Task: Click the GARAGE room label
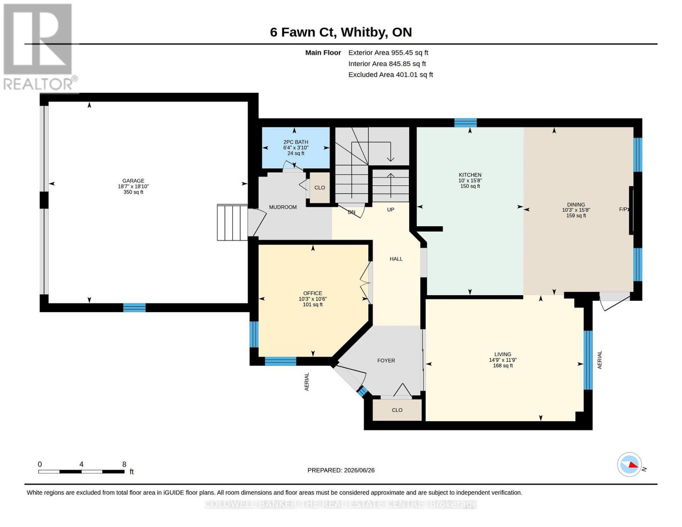(133, 180)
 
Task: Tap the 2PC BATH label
(296, 142)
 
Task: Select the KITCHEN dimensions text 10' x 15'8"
(470, 180)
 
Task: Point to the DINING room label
(576, 204)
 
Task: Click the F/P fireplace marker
(623, 209)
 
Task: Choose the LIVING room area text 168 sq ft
(503, 365)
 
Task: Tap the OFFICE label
(313, 293)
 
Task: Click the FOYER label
(386, 361)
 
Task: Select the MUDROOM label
(283, 207)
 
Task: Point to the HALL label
(396, 259)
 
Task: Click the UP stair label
(390, 209)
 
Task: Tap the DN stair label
(351, 212)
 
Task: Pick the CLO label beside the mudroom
(320, 188)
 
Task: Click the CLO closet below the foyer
(397, 410)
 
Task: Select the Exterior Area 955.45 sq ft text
(388, 53)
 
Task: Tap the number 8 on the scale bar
(124, 464)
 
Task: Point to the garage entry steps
(232, 223)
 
